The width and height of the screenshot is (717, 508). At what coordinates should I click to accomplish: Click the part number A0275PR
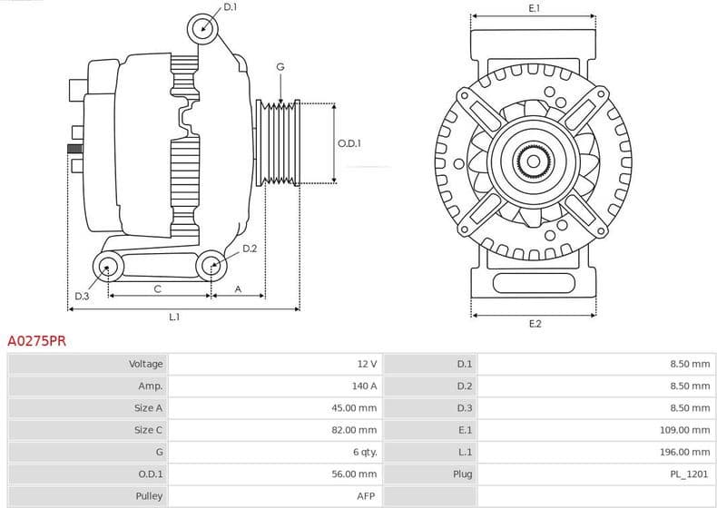(36, 342)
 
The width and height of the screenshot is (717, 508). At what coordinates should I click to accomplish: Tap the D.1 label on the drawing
(230, 7)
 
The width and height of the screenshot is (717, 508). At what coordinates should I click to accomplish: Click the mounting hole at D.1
(203, 29)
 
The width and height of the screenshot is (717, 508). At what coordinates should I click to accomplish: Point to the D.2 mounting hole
(211, 266)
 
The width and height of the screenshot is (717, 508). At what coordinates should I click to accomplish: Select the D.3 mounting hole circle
(109, 267)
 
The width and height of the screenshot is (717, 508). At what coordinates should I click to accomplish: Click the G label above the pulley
(280, 67)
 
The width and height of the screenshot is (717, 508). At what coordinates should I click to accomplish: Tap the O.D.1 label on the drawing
(349, 143)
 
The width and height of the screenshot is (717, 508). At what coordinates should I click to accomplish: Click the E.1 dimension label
(535, 8)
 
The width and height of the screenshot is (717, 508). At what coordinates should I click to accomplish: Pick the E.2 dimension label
(535, 324)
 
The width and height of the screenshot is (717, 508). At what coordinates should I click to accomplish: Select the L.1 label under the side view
(174, 317)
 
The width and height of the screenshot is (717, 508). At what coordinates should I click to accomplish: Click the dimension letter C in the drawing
(158, 288)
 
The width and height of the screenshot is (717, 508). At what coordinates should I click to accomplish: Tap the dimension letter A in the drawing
(238, 288)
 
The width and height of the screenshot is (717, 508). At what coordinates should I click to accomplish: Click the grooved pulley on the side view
(280, 142)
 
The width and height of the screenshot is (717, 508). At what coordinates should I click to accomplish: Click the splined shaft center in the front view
(534, 161)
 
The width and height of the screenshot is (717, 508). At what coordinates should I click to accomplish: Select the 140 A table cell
(366, 386)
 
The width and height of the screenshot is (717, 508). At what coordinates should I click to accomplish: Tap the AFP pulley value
(367, 496)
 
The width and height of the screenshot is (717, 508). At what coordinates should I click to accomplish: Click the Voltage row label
(145, 364)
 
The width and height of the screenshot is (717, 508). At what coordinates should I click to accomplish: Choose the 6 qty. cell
(363, 452)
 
